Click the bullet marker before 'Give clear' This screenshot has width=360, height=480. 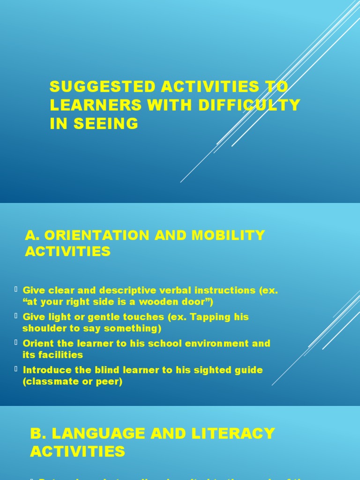click(x=16, y=290)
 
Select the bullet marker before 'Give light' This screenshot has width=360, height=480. click(x=16, y=316)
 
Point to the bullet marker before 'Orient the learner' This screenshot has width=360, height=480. click(x=16, y=343)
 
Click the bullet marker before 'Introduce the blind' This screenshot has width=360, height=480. click(x=16, y=369)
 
